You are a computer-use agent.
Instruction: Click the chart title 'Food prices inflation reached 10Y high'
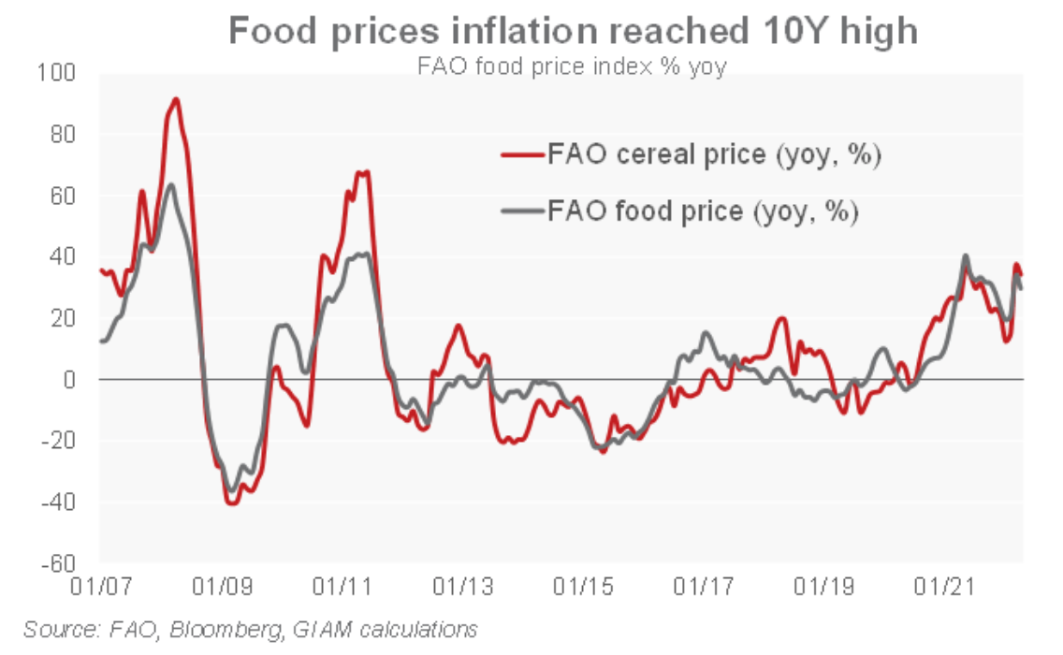tap(573, 32)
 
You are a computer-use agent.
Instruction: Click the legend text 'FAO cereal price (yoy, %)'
tap(715, 154)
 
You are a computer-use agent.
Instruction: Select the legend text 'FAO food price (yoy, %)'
tap(703, 211)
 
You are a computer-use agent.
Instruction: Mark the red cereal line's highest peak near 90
tap(175, 99)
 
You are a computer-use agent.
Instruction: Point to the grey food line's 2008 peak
tap(169, 185)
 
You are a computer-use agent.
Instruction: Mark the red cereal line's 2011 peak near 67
tap(366, 172)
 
